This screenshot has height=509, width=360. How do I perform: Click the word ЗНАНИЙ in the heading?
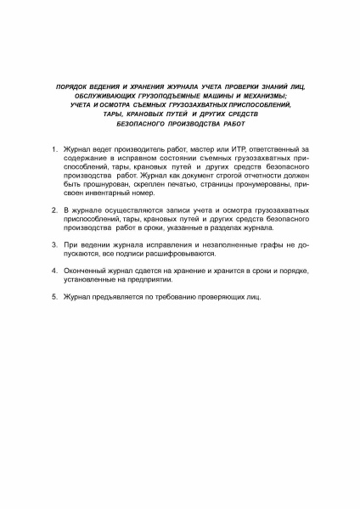coord(272,87)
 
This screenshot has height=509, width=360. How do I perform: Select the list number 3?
coord(54,243)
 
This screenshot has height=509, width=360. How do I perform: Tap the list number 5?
coord(54,297)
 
